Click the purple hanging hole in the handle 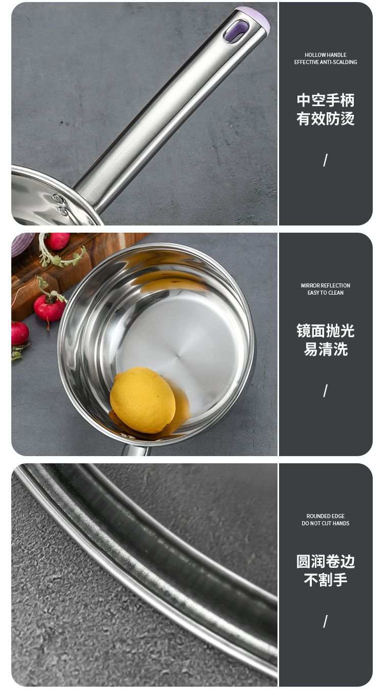(x=236, y=31)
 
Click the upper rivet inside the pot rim (x=58, y=198)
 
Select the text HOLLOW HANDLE (x=326, y=55)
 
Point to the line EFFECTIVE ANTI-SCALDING (x=326, y=62)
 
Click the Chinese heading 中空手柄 (x=326, y=100)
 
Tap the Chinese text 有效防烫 (x=326, y=119)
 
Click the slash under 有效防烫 (x=326, y=160)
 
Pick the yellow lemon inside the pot (x=143, y=400)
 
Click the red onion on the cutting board (x=23, y=244)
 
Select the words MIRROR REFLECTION (x=326, y=285)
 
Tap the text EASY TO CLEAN (x=326, y=293)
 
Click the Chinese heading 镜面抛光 (x=326, y=331)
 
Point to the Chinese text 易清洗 (x=326, y=350)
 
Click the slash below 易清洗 (x=326, y=391)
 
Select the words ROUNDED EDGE (x=326, y=516)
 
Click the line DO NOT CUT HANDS (x=326, y=523)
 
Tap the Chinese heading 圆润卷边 (x=326, y=562)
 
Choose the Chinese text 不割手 (x=326, y=580)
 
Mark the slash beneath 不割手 (x=326, y=621)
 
